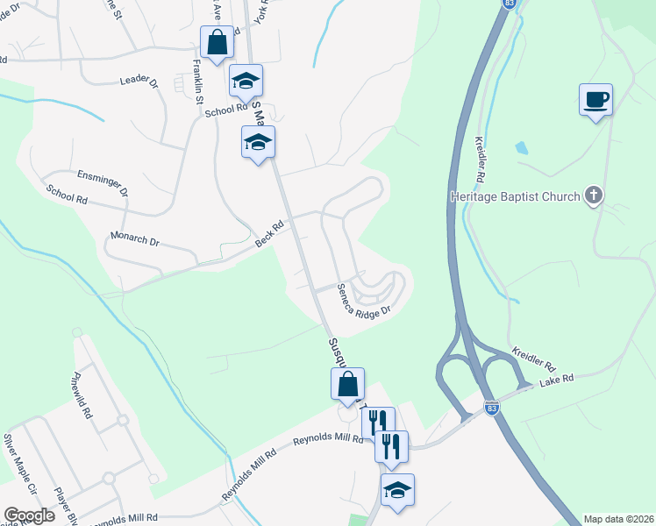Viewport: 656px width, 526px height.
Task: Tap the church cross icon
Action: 594,195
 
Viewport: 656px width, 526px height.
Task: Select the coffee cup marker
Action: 595,99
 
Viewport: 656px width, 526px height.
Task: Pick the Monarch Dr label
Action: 135,238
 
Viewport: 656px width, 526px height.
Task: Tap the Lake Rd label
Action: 556,379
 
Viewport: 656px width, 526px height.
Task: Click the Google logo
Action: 29,515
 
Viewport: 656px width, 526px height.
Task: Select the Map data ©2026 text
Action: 618,519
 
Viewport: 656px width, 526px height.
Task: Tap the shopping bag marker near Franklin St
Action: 217,41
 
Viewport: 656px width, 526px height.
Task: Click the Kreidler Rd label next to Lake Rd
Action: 533,356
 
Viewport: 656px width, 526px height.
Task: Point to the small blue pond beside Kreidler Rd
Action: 522,148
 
